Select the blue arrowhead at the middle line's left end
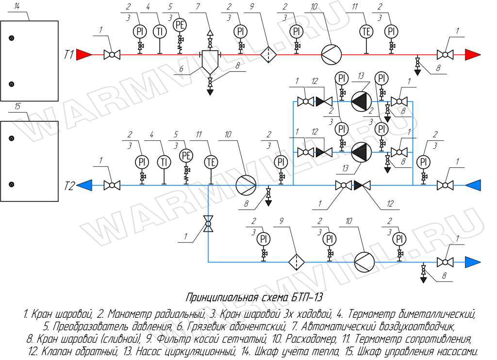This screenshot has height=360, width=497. pos(84,185)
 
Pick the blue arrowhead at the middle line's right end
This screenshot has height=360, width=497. pos(473,185)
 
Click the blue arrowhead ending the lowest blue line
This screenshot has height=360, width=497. pos(472,262)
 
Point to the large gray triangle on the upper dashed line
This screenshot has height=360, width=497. pos(359,102)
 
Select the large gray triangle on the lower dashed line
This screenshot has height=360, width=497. pos(359,153)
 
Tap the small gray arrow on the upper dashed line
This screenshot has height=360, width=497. pos(320,102)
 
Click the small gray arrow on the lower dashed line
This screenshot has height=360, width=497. pos(320,152)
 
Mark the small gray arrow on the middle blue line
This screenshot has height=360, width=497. pos(358,185)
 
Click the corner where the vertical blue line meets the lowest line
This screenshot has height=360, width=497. pos(208,262)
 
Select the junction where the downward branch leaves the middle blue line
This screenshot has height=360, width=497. pos(208,185)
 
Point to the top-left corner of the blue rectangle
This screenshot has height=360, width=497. pos(294,102)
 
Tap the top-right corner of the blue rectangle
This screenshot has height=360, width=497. pos(413,102)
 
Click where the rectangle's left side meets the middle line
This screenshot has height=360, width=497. pos(294,185)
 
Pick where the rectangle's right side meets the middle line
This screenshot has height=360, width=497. pos(413,185)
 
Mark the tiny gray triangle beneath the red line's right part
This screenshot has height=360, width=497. pos(417,72)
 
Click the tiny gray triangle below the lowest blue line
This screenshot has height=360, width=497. pos(423,280)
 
